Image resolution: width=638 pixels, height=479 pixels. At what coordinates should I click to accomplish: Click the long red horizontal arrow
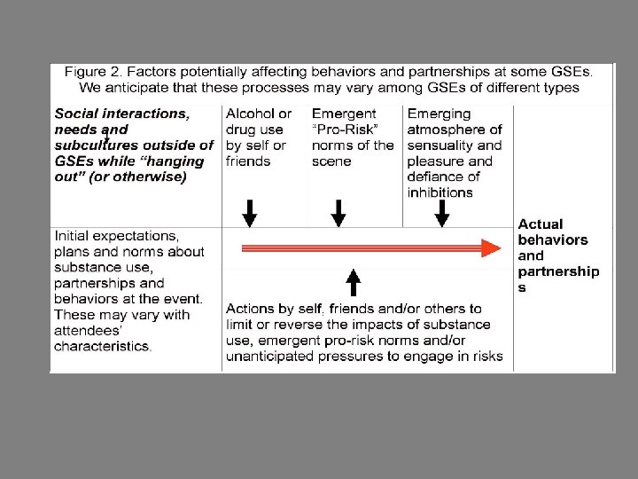click(363, 248)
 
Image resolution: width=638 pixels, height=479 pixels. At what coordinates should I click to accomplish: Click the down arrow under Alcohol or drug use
click(250, 213)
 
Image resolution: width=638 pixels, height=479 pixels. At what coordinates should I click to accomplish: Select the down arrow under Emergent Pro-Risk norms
click(338, 213)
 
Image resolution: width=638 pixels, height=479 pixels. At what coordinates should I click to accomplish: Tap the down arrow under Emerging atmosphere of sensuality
click(441, 213)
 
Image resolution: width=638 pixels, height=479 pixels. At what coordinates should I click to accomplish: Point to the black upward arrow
click(353, 281)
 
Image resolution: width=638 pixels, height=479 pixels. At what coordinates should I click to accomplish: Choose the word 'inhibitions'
click(440, 192)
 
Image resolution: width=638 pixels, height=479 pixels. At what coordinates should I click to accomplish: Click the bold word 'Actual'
click(541, 224)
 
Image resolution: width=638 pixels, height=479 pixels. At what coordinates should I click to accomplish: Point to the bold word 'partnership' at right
click(558, 271)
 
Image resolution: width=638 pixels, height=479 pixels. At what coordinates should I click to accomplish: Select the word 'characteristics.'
click(103, 346)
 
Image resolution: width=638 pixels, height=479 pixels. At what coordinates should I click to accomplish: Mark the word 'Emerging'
click(439, 114)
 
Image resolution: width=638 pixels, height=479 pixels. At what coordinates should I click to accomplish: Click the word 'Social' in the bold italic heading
click(76, 114)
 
